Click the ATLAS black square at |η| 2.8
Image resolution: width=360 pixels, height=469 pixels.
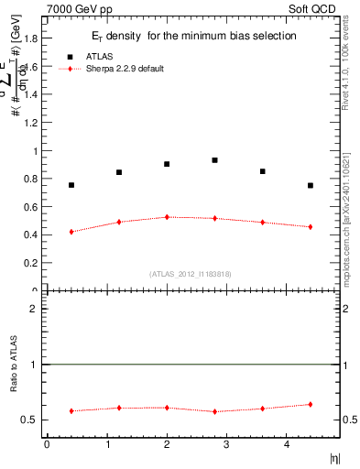tap(214, 160)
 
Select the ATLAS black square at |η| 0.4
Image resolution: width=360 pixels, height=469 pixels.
tap(71, 185)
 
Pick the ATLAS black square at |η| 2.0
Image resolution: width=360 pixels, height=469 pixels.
tap(167, 164)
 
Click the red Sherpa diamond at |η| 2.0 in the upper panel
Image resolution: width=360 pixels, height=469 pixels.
tap(167, 217)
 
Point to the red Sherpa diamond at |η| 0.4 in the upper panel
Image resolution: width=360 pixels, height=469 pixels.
tap(71, 232)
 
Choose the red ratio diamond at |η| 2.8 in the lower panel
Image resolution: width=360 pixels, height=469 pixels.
tap(214, 411)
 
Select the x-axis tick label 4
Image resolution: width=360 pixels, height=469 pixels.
tap(287, 444)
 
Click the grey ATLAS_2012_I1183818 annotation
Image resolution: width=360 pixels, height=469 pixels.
tap(191, 274)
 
